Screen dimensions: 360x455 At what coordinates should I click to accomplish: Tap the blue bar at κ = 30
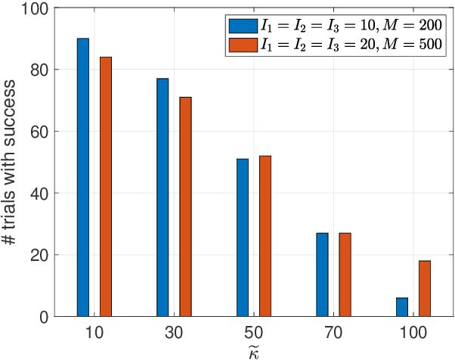pyautogui.click(x=162, y=197)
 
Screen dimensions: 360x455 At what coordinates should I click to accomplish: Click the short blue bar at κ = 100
pyautogui.click(x=402, y=306)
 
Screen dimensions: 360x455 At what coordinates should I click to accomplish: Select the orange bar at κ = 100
pyautogui.click(x=425, y=288)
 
